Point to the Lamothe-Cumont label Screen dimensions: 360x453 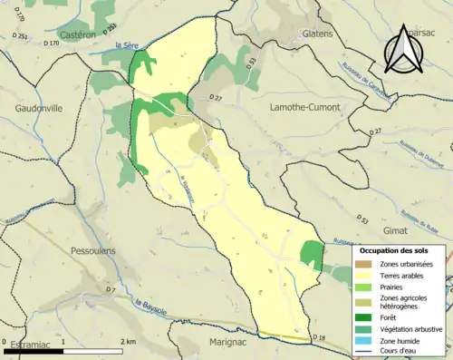click(x=305, y=107)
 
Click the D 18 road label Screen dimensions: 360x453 click(x=319, y=338)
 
